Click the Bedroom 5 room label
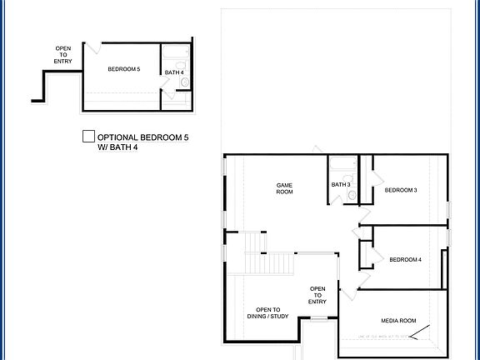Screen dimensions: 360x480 [123, 70]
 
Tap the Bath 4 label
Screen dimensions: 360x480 [174, 72]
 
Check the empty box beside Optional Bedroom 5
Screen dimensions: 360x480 [87, 137]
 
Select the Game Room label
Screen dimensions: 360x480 [285, 188]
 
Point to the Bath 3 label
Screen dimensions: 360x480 [340, 185]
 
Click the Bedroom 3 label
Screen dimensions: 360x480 [401, 191]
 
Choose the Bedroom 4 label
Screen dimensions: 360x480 [405, 260]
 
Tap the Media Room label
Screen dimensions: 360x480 [398, 321]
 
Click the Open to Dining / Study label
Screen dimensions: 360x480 [268, 312]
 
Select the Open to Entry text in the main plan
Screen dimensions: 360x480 [317, 295]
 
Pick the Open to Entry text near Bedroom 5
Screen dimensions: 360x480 [63, 55]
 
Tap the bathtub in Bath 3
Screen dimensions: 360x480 [342, 164]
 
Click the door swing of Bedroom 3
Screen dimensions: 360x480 [375, 177]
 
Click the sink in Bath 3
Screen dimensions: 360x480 [352, 195]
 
